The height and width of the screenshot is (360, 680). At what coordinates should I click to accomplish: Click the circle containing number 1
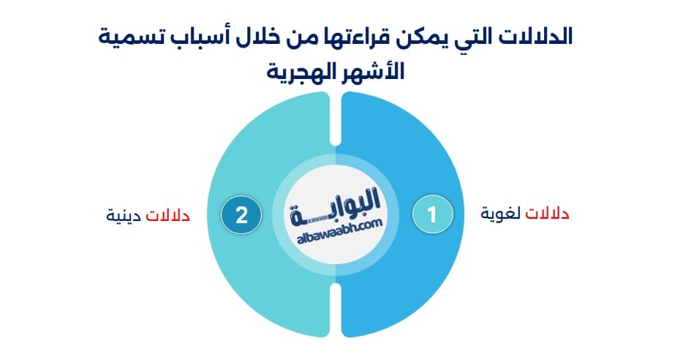[432, 214]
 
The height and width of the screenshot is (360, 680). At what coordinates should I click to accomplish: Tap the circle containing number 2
[242, 214]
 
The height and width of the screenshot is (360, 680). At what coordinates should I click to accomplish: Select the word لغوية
[503, 214]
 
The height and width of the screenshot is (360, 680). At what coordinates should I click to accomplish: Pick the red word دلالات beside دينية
[168, 216]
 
